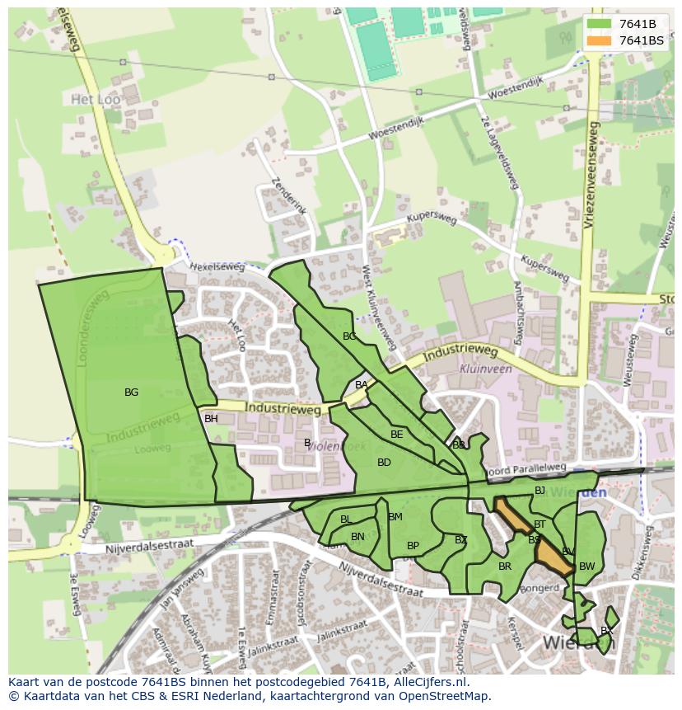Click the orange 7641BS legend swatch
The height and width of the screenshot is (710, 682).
coord(600,40)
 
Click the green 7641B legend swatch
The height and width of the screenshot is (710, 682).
coord(600,24)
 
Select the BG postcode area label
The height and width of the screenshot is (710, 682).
coord(131,393)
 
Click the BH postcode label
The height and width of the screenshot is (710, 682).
coord(211,419)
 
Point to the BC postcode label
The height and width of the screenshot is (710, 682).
coord(349,336)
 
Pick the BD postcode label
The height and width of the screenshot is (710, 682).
coord(384,463)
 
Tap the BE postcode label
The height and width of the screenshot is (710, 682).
coord(397,435)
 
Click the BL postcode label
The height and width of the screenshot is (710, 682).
coord(346,520)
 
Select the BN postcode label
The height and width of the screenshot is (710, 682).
coord(357,537)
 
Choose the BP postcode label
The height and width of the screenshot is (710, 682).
coord(413,546)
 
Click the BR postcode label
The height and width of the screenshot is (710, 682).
coord(505,567)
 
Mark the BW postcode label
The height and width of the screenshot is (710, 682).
coord(586,567)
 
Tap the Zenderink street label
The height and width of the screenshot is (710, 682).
coord(288,195)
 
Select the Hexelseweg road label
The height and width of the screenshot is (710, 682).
coord(217,267)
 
